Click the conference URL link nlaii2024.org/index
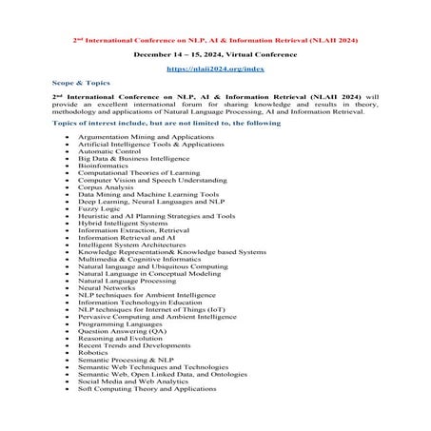pos(215,69)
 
